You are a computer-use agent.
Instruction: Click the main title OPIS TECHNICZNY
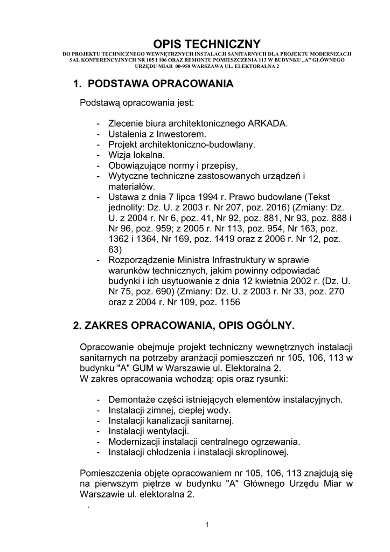tap(207, 44)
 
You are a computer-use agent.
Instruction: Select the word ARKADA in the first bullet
tap(268, 123)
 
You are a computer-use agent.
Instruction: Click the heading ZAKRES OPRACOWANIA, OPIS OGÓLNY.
tap(184, 326)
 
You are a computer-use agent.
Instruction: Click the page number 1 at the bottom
tap(207, 526)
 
